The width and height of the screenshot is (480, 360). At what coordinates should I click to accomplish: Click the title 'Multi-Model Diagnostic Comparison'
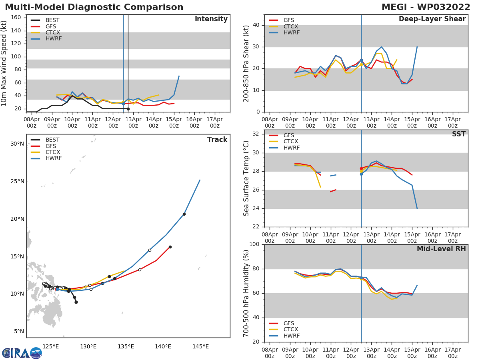pos(94,7)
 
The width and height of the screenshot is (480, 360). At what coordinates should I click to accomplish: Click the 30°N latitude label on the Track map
pos(17,144)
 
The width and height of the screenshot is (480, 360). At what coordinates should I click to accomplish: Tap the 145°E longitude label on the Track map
pos(200,346)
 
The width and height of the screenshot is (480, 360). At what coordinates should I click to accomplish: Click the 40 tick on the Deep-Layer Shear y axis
pos(256,25)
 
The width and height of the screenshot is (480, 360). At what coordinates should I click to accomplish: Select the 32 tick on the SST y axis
pos(256,134)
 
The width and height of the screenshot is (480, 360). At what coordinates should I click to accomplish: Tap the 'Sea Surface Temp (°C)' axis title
pos(246,178)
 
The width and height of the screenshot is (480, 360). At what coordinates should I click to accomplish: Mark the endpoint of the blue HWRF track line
pos(200,180)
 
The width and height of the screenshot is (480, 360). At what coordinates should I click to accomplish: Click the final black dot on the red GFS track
pos(170,247)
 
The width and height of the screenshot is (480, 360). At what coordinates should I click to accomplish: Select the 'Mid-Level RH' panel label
pos(441,249)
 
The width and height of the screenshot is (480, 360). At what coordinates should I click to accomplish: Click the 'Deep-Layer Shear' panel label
pos(432,19)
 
